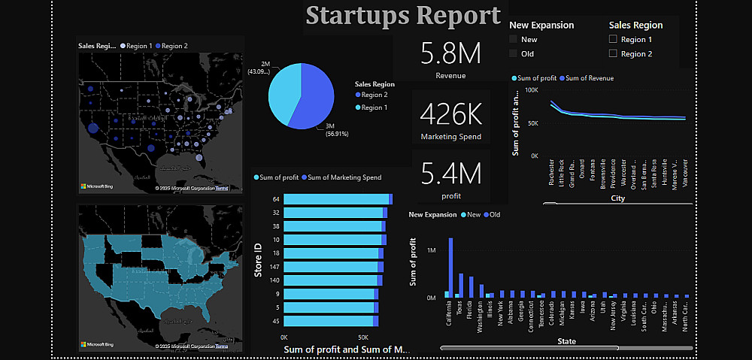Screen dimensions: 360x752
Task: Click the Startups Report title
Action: tap(403, 16)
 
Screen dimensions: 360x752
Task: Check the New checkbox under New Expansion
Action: tap(514, 40)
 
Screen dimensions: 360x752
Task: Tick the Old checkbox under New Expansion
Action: tap(514, 54)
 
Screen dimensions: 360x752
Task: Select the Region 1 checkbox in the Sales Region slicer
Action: tap(613, 40)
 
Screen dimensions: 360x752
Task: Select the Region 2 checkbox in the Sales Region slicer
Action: tap(613, 54)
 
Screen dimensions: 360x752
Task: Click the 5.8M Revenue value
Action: tap(450, 54)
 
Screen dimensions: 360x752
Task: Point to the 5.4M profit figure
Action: tap(450, 174)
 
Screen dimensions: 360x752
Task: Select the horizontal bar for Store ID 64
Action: tap(335, 199)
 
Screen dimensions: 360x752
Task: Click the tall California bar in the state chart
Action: tap(450, 268)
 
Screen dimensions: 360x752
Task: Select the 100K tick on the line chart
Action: tap(531, 89)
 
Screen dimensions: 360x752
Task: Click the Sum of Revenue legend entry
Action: tap(587, 78)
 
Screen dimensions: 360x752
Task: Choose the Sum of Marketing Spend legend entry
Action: tap(341, 178)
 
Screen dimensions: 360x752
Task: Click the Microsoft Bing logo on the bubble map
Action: tap(98, 186)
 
